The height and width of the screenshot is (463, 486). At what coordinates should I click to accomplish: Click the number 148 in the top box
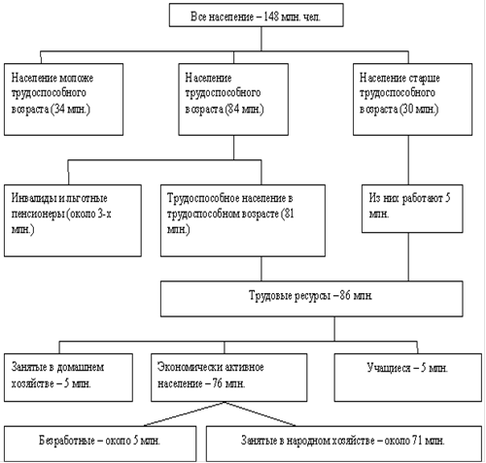271,17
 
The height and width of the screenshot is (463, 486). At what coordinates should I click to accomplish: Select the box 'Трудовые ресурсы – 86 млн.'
312,299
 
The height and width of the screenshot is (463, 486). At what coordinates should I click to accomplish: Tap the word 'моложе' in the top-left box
77,78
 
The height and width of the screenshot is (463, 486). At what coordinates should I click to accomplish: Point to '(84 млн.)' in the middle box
245,109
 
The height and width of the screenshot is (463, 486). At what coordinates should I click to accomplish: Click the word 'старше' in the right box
424,79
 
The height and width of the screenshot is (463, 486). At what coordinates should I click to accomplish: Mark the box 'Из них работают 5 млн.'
412,209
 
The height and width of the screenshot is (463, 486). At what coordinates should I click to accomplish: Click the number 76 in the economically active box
218,383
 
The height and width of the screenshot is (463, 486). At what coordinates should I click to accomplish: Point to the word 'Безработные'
67,441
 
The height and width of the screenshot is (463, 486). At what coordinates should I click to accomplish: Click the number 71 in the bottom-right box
417,441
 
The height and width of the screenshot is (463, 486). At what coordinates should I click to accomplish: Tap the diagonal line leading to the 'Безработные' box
184,413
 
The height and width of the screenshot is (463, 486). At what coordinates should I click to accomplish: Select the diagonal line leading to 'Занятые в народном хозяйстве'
260,413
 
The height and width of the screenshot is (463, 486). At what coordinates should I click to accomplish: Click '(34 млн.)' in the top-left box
71,109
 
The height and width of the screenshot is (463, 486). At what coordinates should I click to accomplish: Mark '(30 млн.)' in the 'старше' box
419,109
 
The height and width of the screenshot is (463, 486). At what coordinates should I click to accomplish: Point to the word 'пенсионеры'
38,215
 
